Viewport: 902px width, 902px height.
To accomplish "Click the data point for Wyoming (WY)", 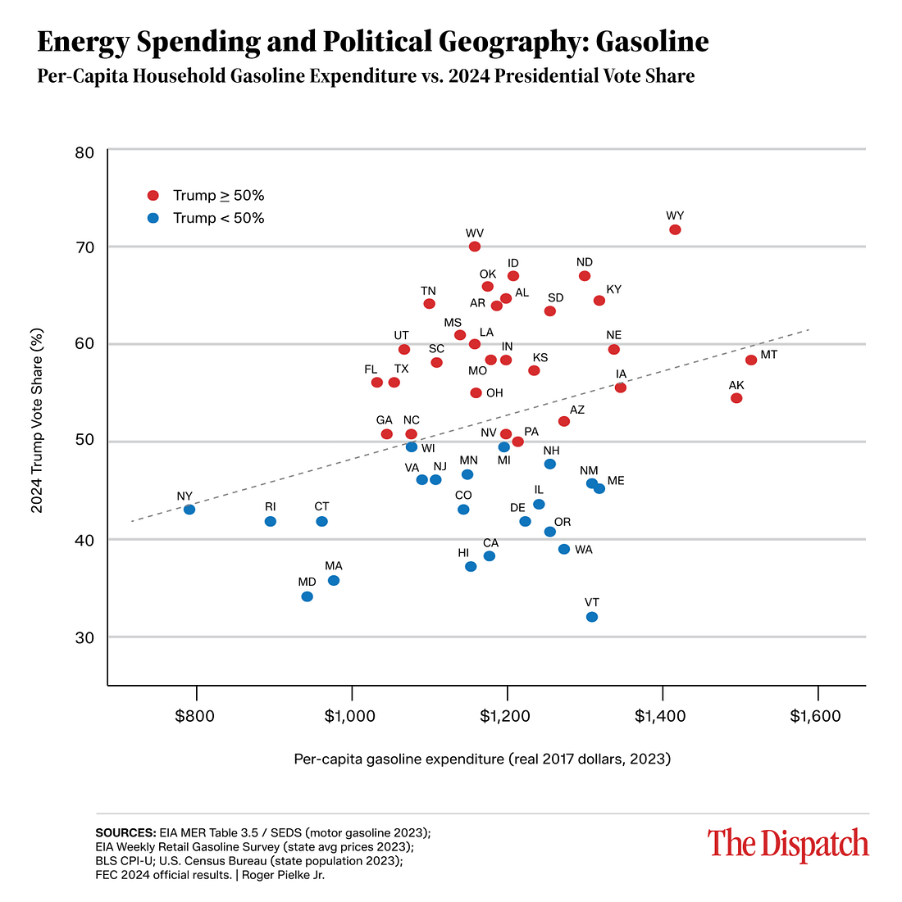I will (675, 229).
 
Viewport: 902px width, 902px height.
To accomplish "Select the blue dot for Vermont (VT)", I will (592, 617).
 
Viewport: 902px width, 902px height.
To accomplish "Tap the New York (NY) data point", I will (189, 510).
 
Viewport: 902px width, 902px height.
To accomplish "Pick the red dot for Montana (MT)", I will (751, 360).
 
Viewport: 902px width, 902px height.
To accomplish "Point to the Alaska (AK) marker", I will (736, 398).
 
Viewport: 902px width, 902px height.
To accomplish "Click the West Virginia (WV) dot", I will (475, 247).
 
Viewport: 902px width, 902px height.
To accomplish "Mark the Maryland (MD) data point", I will (307, 596).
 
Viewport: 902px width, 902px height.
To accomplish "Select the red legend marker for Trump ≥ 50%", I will (153, 196).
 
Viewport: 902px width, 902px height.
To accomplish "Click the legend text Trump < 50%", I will (218, 218).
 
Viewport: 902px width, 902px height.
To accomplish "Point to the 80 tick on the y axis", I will (85, 153).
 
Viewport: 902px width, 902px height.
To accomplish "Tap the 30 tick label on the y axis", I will (85, 638).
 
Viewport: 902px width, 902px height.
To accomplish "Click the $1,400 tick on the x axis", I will (661, 716).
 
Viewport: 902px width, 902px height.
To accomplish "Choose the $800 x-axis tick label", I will (195, 716).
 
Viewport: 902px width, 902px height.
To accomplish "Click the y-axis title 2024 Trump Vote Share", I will (37, 421).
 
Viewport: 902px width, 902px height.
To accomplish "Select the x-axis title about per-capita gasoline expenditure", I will (482, 759).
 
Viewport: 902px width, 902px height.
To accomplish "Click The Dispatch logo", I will (788, 844).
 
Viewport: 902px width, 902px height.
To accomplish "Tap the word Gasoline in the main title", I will (652, 41).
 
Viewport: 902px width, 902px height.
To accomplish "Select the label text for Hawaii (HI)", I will (463, 553).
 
